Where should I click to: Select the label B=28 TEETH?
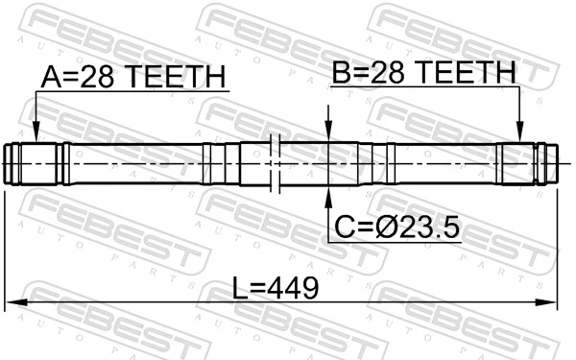click(423, 71)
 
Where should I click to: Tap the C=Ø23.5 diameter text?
click(396, 227)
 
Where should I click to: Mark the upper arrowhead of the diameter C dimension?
click(328, 136)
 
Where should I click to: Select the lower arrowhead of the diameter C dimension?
click(328, 193)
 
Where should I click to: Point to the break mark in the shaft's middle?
click(275, 164)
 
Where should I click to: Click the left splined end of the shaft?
click(34, 164)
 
